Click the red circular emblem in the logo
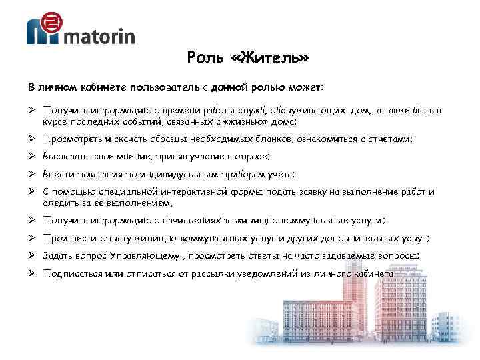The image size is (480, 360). pos(49,23)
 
